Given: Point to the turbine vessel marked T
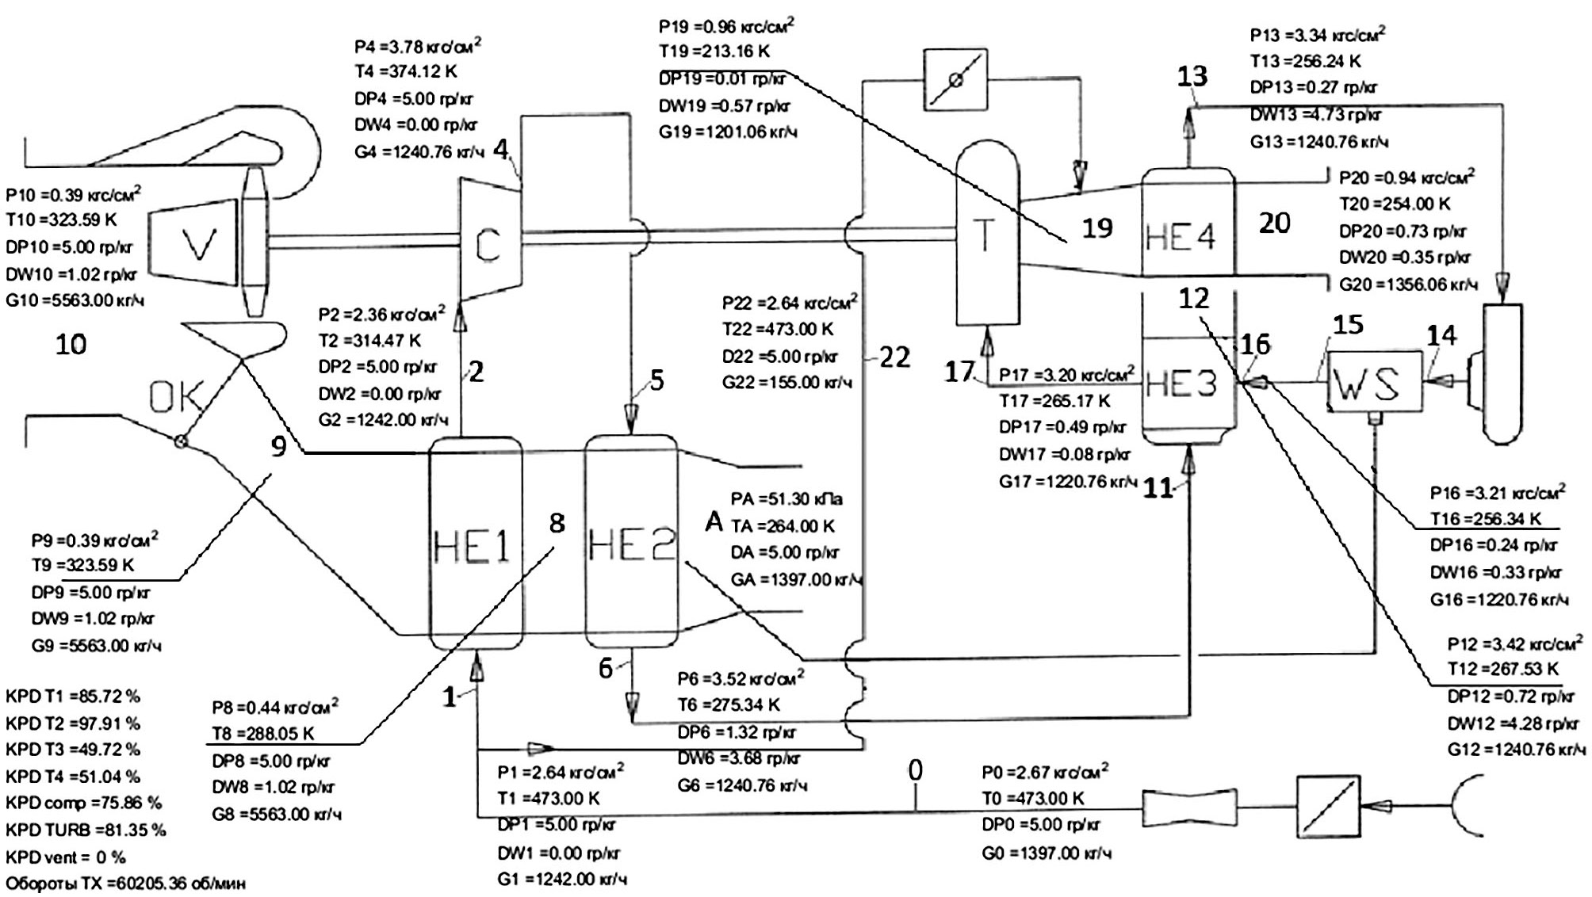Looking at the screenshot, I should (986, 238).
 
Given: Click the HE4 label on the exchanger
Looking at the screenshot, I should (1180, 236).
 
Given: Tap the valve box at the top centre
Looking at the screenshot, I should (956, 79).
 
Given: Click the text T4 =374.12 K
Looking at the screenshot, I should (405, 72).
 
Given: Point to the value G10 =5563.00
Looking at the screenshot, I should (75, 301).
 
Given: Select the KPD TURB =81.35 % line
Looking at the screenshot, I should (86, 830).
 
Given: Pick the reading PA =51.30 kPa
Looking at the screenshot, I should (786, 499).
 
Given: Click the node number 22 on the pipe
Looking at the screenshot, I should (895, 357).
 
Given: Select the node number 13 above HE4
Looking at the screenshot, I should (1192, 76).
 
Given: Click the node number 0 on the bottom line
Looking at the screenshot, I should (915, 770).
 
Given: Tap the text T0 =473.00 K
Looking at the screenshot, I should (1032, 798).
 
